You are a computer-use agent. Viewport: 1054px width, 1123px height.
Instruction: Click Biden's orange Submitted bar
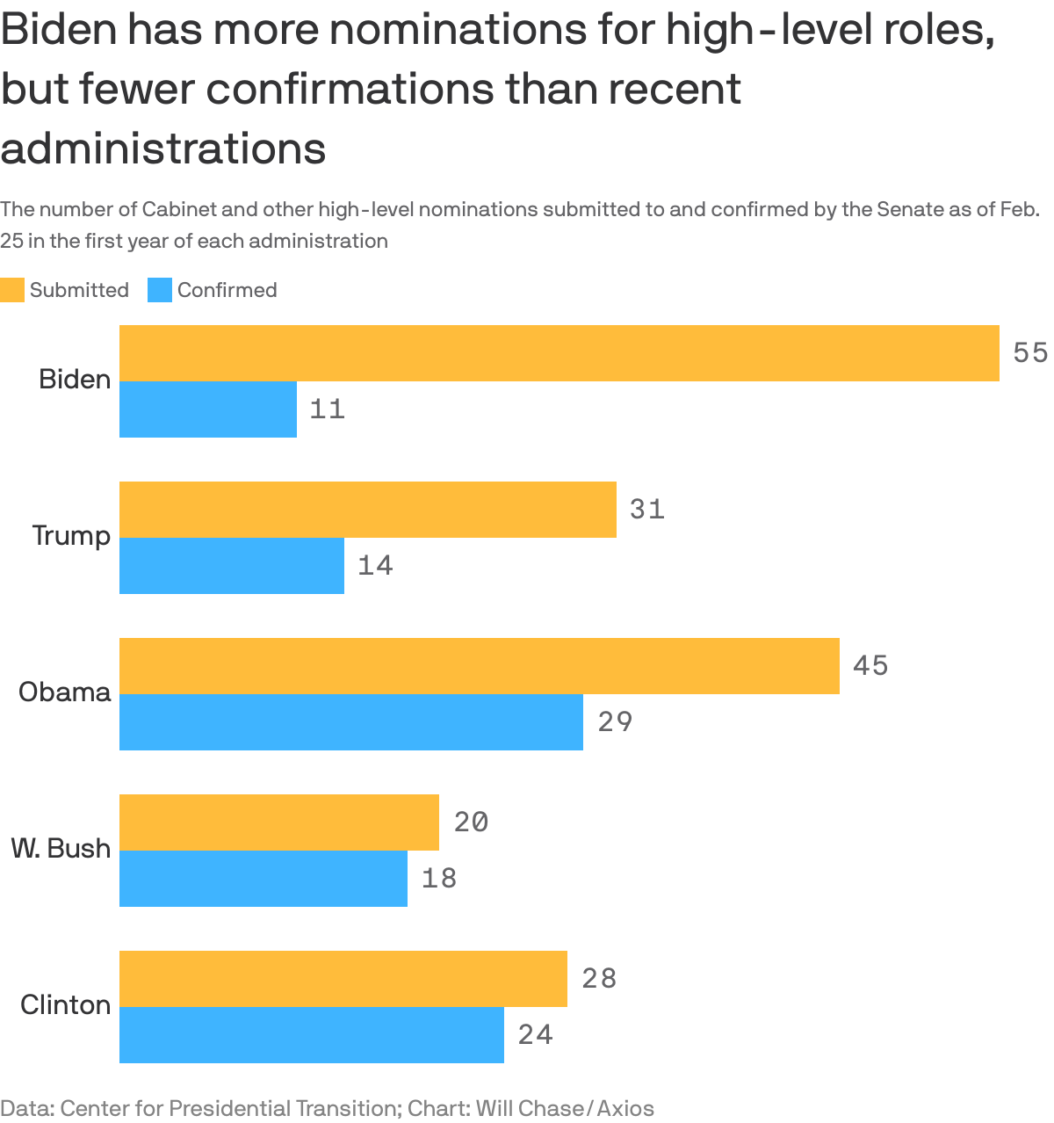pyautogui.click(x=559, y=353)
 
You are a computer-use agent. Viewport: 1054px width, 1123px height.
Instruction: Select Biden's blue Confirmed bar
pyautogui.click(x=208, y=409)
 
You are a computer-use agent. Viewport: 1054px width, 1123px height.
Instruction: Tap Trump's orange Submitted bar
pyautogui.click(x=367, y=510)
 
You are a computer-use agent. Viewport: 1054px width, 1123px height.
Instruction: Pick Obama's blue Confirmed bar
pyautogui.click(x=351, y=722)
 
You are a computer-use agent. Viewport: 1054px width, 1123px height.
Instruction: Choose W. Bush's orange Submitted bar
pyautogui.click(x=279, y=822)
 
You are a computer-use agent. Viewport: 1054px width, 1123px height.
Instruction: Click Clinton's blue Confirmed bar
pyautogui.click(x=312, y=1035)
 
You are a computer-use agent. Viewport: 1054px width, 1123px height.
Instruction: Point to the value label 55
pyautogui.click(x=1030, y=353)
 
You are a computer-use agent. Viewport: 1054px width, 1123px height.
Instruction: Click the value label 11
pyautogui.click(x=328, y=409)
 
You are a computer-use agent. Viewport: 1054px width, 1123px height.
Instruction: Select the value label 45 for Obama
pyautogui.click(x=870, y=666)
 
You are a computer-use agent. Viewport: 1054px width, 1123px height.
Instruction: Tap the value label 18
pyautogui.click(x=439, y=879)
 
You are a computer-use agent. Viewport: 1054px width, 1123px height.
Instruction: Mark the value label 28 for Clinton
pyautogui.click(x=599, y=979)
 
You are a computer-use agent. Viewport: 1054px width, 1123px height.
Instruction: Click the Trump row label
pyautogui.click(x=71, y=535)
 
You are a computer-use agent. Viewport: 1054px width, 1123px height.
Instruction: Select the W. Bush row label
pyautogui.click(x=61, y=848)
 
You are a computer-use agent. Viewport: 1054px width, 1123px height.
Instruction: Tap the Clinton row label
pyautogui.click(x=66, y=1004)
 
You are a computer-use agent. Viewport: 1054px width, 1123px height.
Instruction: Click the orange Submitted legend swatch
pyautogui.click(x=12, y=290)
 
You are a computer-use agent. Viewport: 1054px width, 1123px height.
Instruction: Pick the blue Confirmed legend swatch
pyautogui.click(x=159, y=290)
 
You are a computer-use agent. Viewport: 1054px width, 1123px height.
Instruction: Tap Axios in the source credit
pyautogui.click(x=625, y=1108)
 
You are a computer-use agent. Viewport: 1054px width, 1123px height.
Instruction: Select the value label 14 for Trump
pyautogui.click(x=375, y=566)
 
